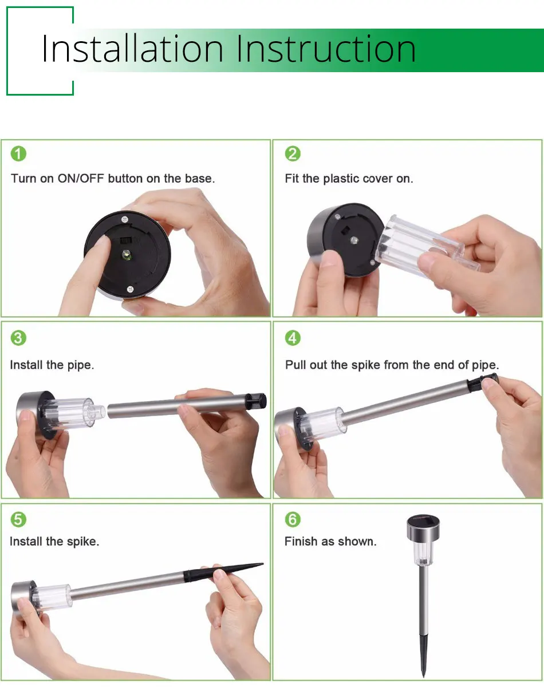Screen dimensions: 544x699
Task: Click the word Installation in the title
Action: pos(132,49)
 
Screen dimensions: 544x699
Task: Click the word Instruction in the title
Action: pos(326,49)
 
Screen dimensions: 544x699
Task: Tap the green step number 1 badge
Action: pos(18,153)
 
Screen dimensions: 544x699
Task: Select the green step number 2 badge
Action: pos(293,153)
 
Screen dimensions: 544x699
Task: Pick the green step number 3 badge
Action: pos(18,338)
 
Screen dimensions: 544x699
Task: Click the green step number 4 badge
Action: pos(293,338)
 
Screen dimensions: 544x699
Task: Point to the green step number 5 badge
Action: pos(18,519)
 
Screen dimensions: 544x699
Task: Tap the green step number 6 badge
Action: pos(293,519)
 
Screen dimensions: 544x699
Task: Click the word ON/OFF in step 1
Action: pos(81,179)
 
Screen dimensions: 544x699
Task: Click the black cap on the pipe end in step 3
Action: pos(256,401)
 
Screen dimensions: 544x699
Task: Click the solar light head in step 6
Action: pos(423,528)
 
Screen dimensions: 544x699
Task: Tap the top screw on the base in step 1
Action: pos(124,220)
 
